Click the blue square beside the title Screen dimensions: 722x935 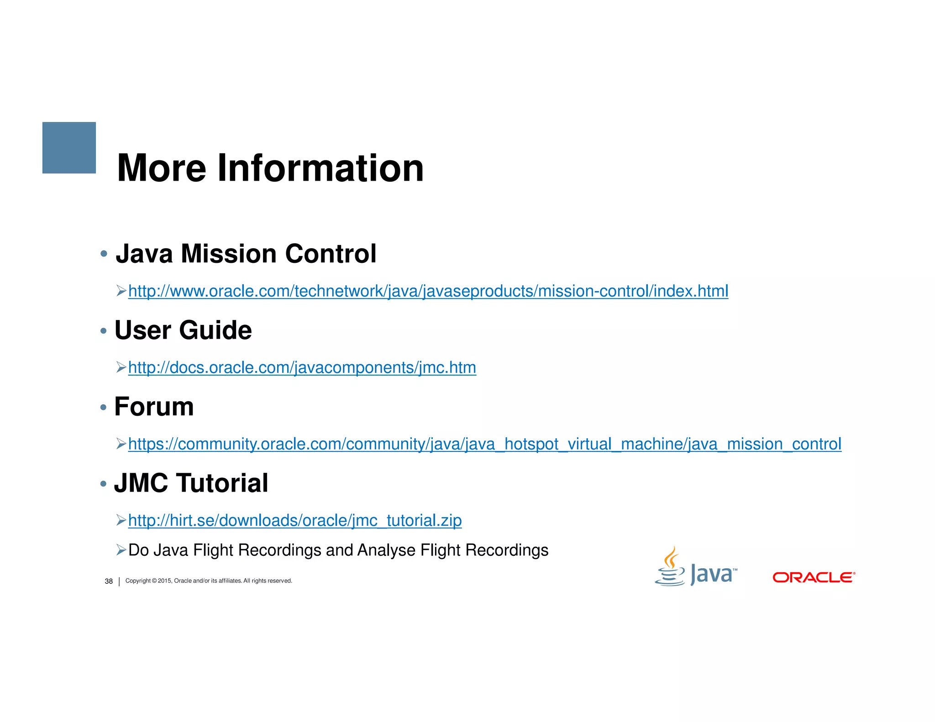[x=69, y=147]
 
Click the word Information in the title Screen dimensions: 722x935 [x=320, y=168]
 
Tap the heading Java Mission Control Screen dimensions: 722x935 [x=246, y=254]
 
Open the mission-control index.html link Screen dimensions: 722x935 [x=428, y=291]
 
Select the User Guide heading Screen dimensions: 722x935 [x=183, y=330]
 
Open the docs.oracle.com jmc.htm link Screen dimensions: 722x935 [x=302, y=367]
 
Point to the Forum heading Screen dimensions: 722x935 [x=154, y=407]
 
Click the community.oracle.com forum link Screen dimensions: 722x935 [x=484, y=444]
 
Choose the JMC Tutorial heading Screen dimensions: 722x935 [x=191, y=483]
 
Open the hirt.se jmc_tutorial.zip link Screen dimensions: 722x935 [x=295, y=520]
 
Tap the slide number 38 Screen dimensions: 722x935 [x=109, y=581]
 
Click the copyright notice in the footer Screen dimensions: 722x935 [x=209, y=581]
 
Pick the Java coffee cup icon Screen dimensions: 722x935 [x=670, y=567]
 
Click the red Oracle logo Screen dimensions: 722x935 [x=814, y=577]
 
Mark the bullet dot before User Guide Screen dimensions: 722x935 [x=104, y=330]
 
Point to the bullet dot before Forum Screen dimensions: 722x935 [x=104, y=407]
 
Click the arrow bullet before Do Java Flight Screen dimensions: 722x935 [x=121, y=550]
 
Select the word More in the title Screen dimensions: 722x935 [x=162, y=168]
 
